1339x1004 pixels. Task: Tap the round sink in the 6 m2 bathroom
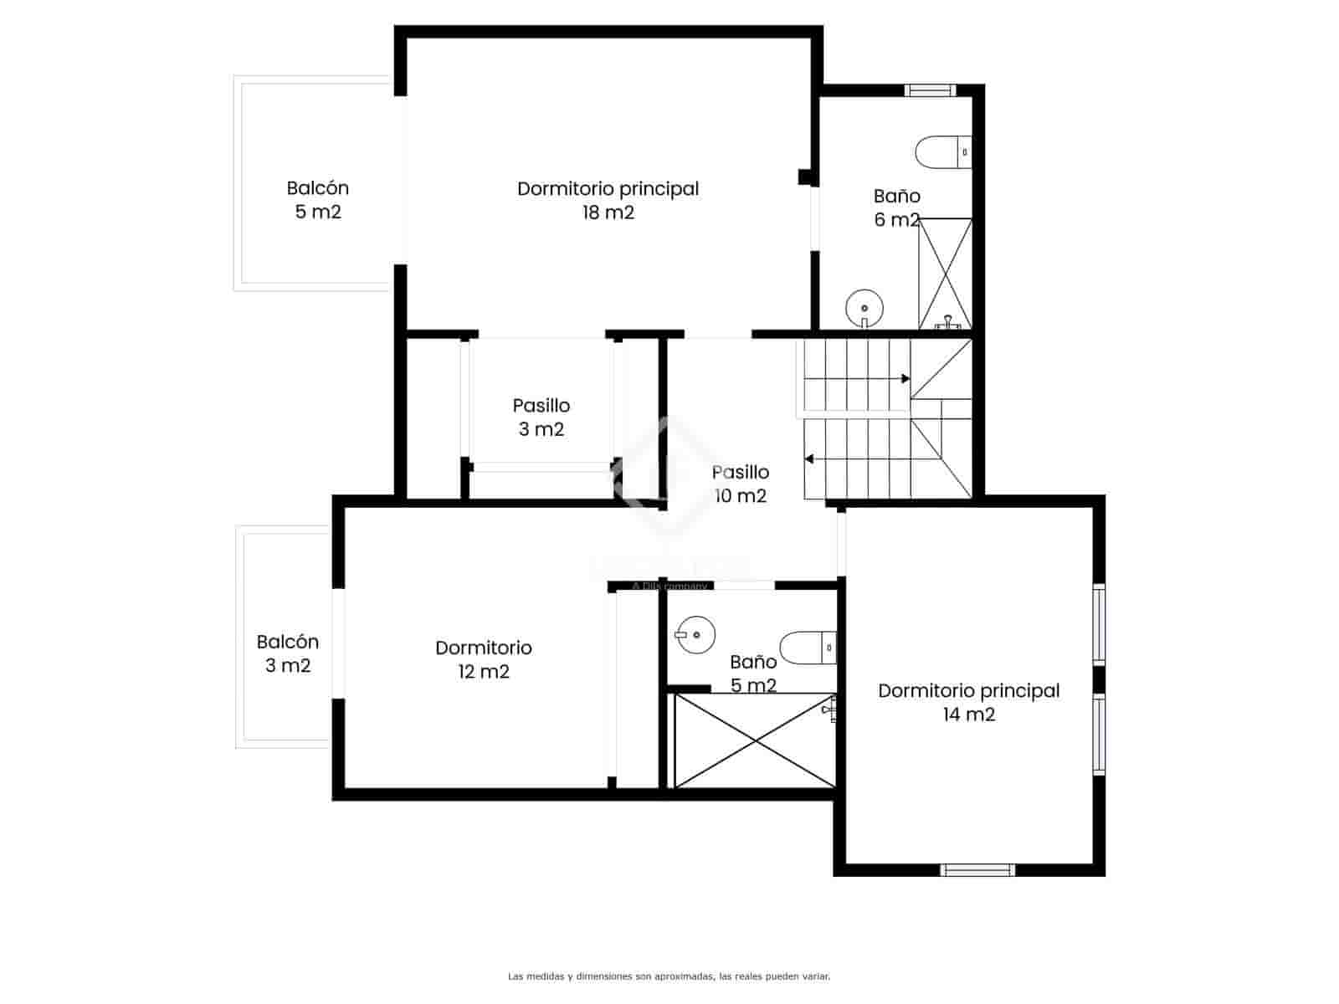pyautogui.click(x=864, y=308)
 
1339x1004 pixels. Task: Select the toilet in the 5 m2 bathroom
pyautogui.click(x=808, y=647)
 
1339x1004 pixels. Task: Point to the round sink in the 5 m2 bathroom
pyautogui.click(x=695, y=635)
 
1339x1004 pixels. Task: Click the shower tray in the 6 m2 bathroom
pyautogui.click(x=946, y=274)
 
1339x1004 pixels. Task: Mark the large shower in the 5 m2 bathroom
pyautogui.click(x=755, y=740)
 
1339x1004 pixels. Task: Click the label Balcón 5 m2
pyautogui.click(x=317, y=200)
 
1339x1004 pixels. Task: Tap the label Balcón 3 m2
pyautogui.click(x=287, y=653)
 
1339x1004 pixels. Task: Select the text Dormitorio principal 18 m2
pyautogui.click(x=608, y=200)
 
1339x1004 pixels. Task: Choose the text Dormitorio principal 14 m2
pyautogui.click(x=968, y=702)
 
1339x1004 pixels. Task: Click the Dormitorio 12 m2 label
pyautogui.click(x=483, y=659)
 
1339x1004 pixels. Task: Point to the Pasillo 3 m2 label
pyautogui.click(x=541, y=417)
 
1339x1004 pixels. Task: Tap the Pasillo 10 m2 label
pyautogui.click(x=740, y=484)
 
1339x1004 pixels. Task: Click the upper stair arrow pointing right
pyautogui.click(x=904, y=379)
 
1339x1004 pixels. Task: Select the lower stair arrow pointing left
pyautogui.click(x=809, y=458)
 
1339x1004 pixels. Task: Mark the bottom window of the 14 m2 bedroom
pyautogui.click(x=977, y=870)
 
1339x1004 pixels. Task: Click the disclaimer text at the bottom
pyautogui.click(x=669, y=976)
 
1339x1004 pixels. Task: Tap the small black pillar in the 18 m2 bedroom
pyautogui.click(x=804, y=177)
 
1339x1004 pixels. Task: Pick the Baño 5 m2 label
pyautogui.click(x=753, y=674)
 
